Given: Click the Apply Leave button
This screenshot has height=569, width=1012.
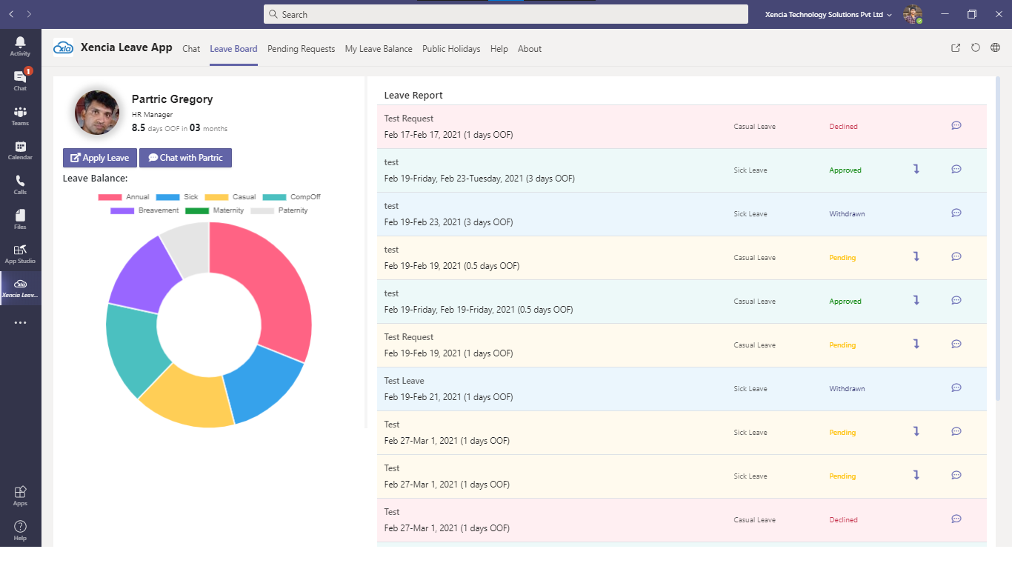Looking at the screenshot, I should pos(100,158).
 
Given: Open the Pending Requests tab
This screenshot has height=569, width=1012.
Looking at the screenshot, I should pos(301,49).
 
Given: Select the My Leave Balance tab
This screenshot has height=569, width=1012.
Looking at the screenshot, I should pos(379,49).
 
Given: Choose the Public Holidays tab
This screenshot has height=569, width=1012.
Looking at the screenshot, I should pos(451,49).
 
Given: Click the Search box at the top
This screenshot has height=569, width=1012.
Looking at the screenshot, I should pos(505,14).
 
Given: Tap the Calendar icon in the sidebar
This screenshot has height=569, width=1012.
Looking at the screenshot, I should pos(20,150).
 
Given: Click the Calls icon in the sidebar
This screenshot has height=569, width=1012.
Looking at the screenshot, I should pos(20,184).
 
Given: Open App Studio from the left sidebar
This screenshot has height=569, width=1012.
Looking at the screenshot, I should pos(20,253).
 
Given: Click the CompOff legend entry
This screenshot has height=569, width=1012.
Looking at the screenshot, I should pos(292,197).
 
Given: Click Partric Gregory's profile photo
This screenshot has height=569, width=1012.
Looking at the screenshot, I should pos(97,113).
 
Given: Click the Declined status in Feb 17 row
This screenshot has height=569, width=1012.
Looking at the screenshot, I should pos(843,127).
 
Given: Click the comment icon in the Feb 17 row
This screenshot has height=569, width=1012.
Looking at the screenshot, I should pos(956,126).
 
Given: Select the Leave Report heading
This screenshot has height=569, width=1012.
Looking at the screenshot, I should pos(413,96).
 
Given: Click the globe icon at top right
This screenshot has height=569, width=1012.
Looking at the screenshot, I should pos(995,48).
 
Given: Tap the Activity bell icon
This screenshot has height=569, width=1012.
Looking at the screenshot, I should pos(20,45).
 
